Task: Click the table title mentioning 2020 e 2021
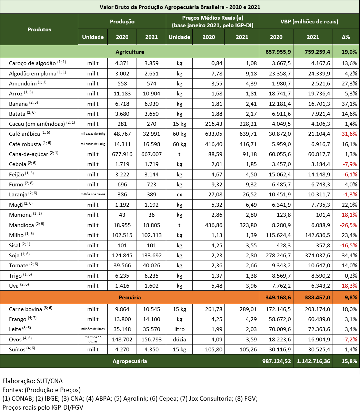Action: point(180,7)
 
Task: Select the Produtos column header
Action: point(39,29)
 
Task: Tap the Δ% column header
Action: point(346,37)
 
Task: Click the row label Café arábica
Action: point(24,134)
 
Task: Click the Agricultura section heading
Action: point(130,52)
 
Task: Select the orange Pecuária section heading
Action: point(130,297)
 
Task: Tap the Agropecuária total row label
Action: point(130,361)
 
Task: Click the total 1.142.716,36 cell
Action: point(312,361)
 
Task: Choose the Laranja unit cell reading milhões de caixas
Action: point(93,195)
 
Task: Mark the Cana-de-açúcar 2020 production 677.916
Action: point(122,154)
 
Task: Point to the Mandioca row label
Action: point(21,225)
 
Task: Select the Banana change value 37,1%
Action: point(349,104)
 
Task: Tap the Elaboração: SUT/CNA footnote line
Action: point(33,381)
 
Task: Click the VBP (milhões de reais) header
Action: point(309,21)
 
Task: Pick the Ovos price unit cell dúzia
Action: point(179,339)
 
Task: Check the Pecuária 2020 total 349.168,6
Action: point(276,297)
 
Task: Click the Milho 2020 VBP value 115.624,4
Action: point(276,235)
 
